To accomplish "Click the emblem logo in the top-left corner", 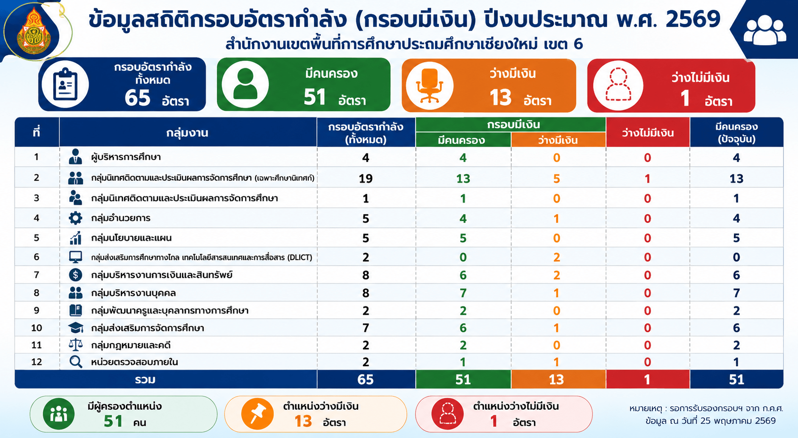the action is pyautogui.click(x=34, y=33).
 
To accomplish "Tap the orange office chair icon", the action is pyautogui.click(x=429, y=85).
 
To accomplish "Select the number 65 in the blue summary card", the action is pyautogui.click(x=138, y=98).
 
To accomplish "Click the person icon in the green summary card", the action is pyautogui.click(x=245, y=84).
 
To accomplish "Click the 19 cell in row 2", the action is pyautogui.click(x=365, y=178).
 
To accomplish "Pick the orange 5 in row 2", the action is pyautogui.click(x=557, y=178).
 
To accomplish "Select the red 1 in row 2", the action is pyautogui.click(x=647, y=178).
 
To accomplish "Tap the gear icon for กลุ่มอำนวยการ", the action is pyautogui.click(x=75, y=218).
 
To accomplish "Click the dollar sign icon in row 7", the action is pyautogui.click(x=75, y=275).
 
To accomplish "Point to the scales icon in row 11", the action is pyautogui.click(x=75, y=345).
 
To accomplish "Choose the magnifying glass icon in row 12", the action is pyautogui.click(x=75, y=362).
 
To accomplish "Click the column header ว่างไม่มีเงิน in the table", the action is pyautogui.click(x=648, y=133).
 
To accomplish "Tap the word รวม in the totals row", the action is pyautogui.click(x=145, y=380).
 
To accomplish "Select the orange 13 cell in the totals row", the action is pyautogui.click(x=556, y=380).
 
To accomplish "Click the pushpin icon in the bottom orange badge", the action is pyautogui.click(x=257, y=413).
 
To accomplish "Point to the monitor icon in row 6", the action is pyautogui.click(x=75, y=256).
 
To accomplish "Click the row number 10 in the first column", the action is pyautogui.click(x=36, y=328).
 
